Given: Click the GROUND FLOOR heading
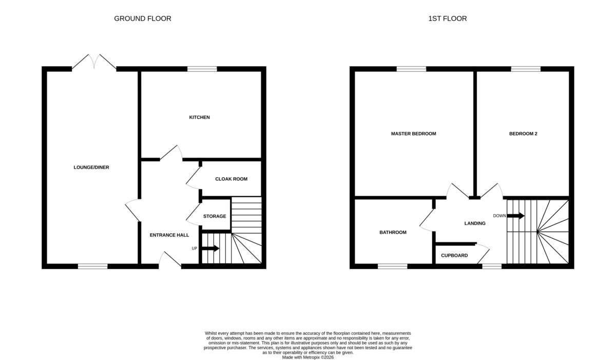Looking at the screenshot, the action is pyautogui.click(x=143, y=18).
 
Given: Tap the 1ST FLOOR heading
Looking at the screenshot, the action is pyautogui.click(x=448, y=18).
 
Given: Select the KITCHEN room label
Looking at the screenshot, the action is pyautogui.click(x=199, y=118).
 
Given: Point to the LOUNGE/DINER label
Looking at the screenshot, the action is pyautogui.click(x=91, y=167).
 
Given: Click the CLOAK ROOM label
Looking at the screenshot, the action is pyautogui.click(x=232, y=179).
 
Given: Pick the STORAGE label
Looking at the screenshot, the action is pyautogui.click(x=215, y=216).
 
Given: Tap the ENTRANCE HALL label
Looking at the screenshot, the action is pyautogui.click(x=169, y=235).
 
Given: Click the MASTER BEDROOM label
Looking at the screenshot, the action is pyautogui.click(x=414, y=134).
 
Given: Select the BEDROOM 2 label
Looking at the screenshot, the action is pyautogui.click(x=523, y=134).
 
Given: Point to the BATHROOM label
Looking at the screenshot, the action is pyautogui.click(x=393, y=233).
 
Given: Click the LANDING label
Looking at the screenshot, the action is pyautogui.click(x=475, y=223).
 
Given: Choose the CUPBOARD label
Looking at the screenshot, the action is pyautogui.click(x=454, y=256).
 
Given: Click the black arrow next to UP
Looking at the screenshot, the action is pyautogui.click(x=210, y=249).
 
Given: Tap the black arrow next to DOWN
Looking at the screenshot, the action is pyautogui.click(x=515, y=216).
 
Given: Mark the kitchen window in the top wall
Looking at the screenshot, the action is pyautogui.click(x=202, y=69).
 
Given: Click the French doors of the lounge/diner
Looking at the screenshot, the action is pyautogui.click(x=94, y=62).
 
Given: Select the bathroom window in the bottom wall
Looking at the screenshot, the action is pyautogui.click(x=392, y=266).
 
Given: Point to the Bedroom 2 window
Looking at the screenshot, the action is pyautogui.click(x=526, y=69).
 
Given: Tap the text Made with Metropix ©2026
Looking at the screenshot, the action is pyautogui.click(x=307, y=357).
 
